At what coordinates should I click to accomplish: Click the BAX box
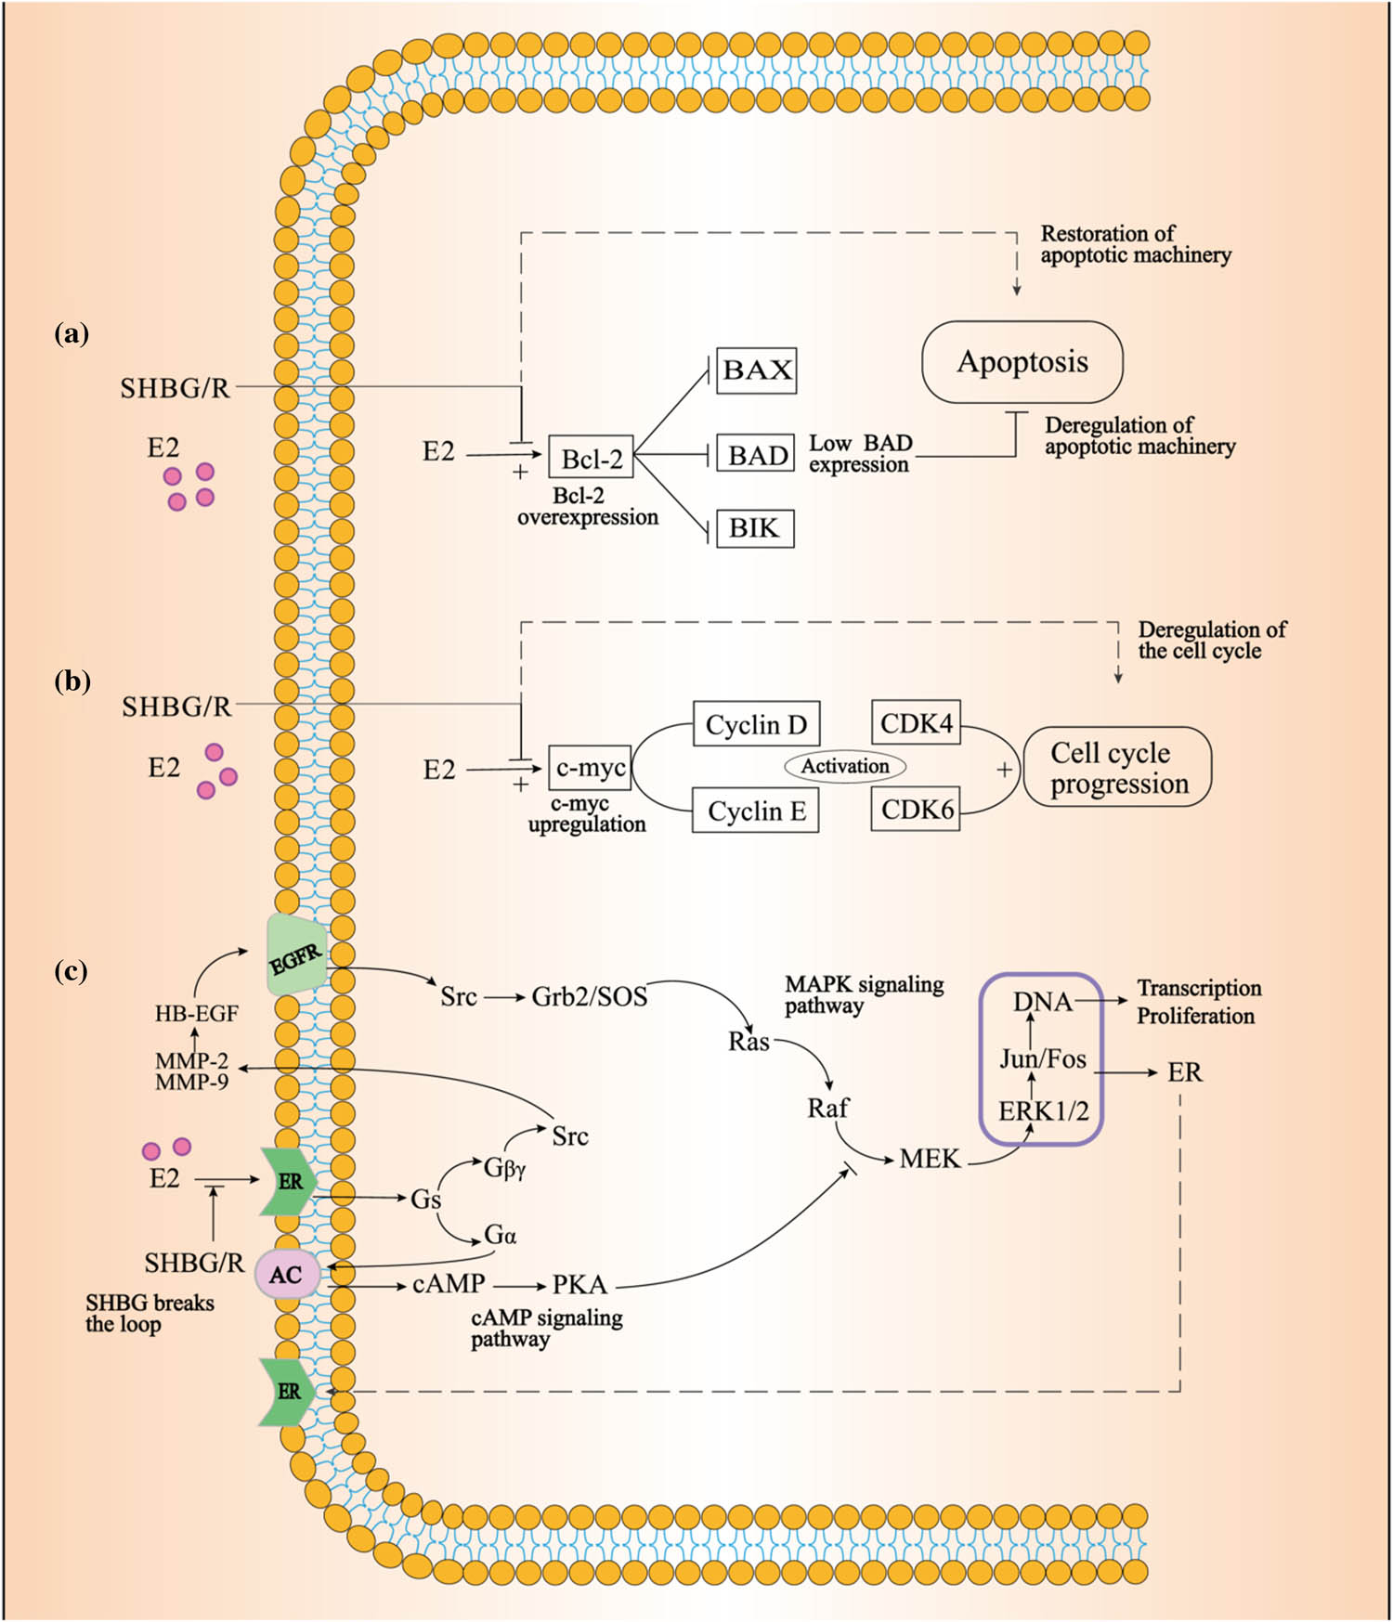click(x=757, y=370)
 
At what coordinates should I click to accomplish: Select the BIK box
click(x=754, y=528)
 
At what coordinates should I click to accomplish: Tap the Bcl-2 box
click(x=592, y=459)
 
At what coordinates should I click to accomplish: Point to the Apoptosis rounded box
click(x=1022, y=362)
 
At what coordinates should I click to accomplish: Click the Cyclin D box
click(x=756, y=724)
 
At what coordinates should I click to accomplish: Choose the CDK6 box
click(x=917, y=810)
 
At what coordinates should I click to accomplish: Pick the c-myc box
click(x=591, y=769)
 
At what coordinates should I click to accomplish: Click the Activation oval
click(x=845, y=766)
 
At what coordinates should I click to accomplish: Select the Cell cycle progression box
click(x=1118, y=767)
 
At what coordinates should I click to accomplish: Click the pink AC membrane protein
click(x=287, y=1275)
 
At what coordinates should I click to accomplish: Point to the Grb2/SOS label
click(x=589, y=997)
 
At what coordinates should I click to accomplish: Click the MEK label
click(x=930, y=1159)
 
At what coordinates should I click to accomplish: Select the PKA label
click(x=579, y=1285)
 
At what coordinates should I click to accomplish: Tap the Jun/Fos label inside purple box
click(x=1042, y=1058)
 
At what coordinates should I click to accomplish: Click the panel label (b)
click(x=72, y=681)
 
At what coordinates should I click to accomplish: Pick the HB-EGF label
click(x=196, y=1014)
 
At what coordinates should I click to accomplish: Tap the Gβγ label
click(x=505, y=1168)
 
